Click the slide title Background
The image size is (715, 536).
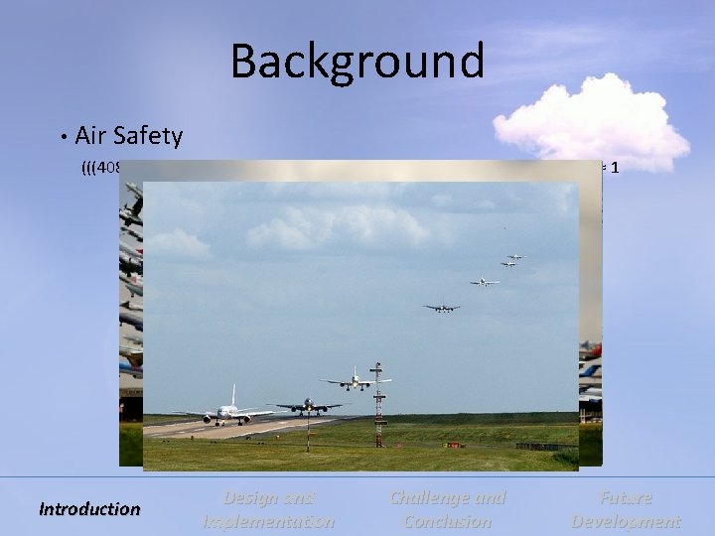[357, 62]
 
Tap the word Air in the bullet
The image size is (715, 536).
[92, 135]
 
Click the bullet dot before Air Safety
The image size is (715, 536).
[63, 136]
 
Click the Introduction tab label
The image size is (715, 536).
[89, 509]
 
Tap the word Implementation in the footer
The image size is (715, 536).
[268, 521]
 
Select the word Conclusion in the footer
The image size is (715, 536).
[447, 521]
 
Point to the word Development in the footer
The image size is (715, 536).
[626, 521]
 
